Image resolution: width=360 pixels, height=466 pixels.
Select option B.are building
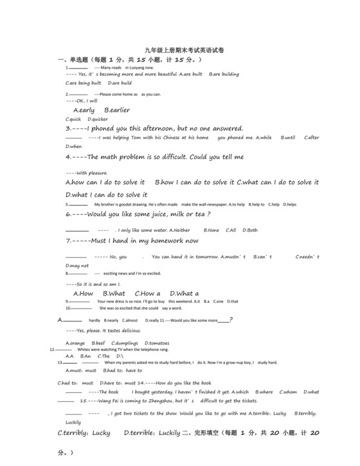pos(224,74)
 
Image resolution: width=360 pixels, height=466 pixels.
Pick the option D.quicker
pos(98,119)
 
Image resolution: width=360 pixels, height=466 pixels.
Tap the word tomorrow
pos(203,257)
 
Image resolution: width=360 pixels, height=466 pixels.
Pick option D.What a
pos(183,294)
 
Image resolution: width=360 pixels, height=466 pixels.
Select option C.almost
pos(130,320)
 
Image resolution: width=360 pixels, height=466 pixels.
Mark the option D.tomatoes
pos(157,343)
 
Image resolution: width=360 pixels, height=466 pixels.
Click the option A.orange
pos(75,343)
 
